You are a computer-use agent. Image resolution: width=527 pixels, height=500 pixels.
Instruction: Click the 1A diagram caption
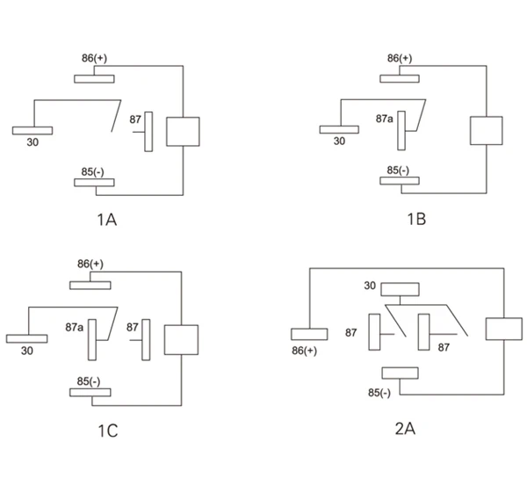click(106, 218)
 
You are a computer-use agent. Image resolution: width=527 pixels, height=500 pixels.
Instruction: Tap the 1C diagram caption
click(107, 431)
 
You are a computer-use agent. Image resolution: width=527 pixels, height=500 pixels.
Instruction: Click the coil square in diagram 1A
click(183, 131)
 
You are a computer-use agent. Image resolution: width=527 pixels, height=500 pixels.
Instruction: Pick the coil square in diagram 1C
click(181, 339)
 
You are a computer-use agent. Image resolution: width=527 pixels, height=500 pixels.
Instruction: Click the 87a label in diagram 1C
click(75, 328)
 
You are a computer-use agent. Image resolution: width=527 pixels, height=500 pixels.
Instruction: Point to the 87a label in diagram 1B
click(384, 118)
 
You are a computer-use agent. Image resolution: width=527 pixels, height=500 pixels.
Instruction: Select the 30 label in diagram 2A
click(370, 286)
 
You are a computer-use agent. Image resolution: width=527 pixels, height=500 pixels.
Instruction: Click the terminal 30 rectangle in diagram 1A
click(32, 130)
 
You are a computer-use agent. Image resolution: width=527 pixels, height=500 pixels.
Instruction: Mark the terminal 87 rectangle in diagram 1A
click(148, 130)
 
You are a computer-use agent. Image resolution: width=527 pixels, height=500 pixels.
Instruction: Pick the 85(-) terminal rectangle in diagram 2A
click(400, 373)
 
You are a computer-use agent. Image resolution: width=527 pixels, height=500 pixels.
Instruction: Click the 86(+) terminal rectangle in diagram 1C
click(90, 284)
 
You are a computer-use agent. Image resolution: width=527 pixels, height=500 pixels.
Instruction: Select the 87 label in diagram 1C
click(133, 328)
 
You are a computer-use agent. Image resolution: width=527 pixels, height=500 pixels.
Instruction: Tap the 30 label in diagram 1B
click(339, 141)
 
